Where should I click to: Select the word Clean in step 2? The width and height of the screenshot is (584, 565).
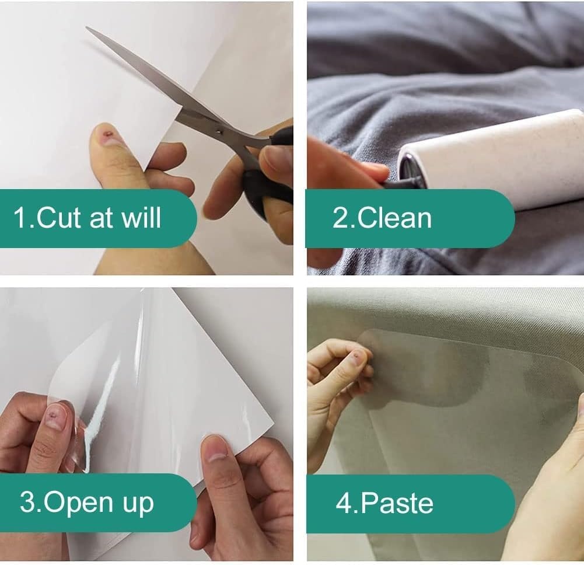(x=394, y=218)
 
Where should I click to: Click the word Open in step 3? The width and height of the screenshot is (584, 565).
(x=78, y=504)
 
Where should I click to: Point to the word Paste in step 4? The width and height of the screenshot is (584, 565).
(x=397, y=503)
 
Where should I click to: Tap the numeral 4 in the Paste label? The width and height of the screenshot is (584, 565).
(x=344, y=503)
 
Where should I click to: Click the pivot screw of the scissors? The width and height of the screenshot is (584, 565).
(x=219, y=131)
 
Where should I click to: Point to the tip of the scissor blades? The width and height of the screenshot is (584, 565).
(x=86, y=27)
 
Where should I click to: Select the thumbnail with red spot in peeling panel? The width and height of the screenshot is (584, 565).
(x=54, y=418)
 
